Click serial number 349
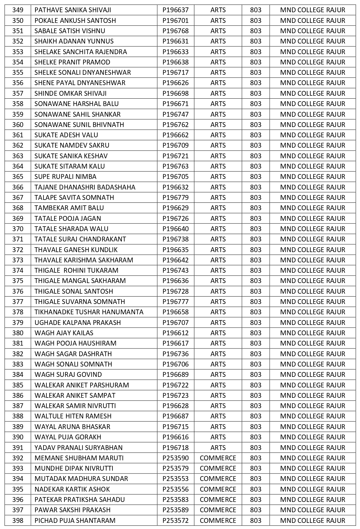(18, 10)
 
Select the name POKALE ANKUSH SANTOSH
(75, 21)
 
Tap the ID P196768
(176, 31)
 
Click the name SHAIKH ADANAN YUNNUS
(74, 41)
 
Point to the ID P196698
(176, 93)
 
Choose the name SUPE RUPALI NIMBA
(65, 177)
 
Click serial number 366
(18, 187)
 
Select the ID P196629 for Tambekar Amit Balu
(176, 208)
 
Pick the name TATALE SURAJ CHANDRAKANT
(80, 239)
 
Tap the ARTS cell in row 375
(218, 281)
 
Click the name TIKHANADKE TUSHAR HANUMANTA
(89, 312)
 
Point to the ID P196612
(176, 333)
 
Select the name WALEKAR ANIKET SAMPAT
(75, 396)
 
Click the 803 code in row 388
(256, 416)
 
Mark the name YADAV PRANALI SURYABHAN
(79, 447)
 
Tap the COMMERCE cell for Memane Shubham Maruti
(218, 458)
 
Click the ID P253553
(176, 479)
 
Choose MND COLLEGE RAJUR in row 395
(313, 489)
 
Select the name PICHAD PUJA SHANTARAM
(75, 521)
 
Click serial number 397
(18, 510)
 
